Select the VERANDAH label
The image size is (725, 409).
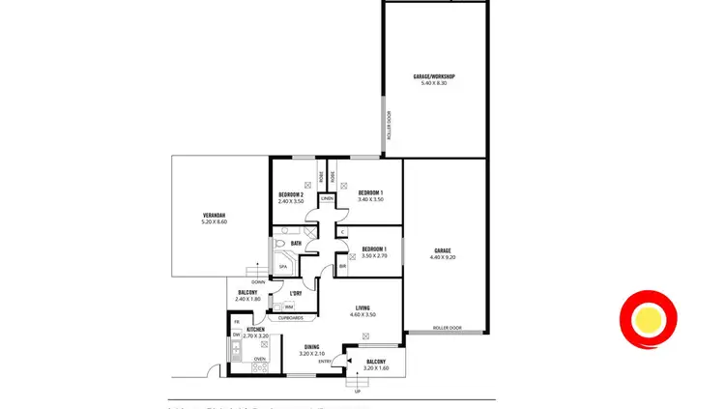coord(213,216)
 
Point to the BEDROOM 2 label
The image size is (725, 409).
coord(291,194)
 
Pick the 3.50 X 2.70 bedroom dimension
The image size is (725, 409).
coord(374,256)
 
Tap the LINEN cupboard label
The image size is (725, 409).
coord(327,198)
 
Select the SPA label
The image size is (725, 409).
coord(283,267)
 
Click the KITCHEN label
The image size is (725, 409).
coord(255,330)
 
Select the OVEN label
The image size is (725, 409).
coord(259,359)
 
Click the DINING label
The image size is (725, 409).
coord(311,346)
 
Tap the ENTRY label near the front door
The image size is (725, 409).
coord(325,362)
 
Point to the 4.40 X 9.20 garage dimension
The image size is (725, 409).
coord(443,258)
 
